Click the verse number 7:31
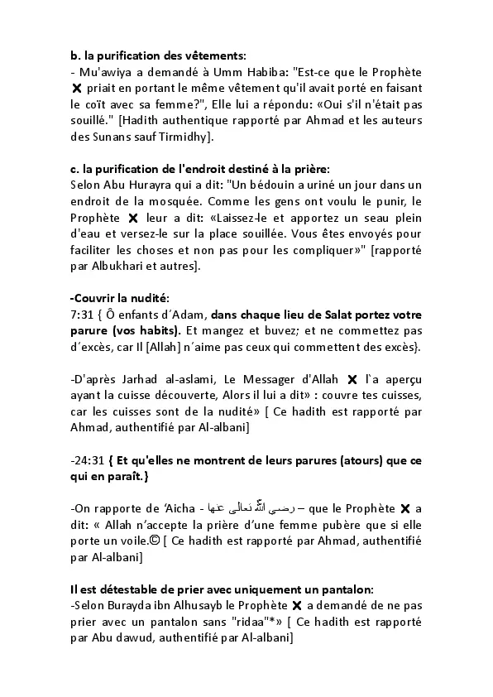84,315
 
